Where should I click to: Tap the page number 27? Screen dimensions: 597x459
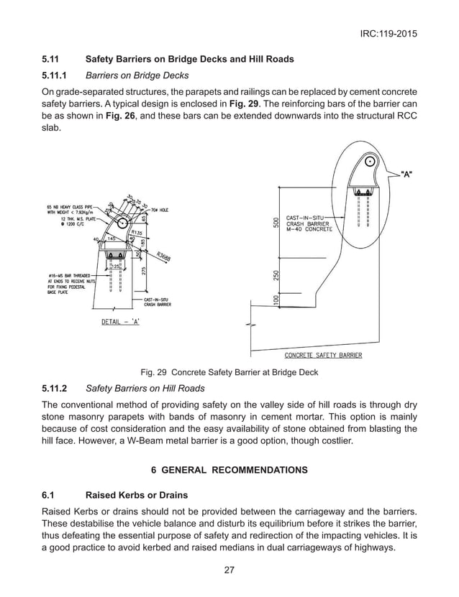pos(229,570)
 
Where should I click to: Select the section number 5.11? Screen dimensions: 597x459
pos(53,59)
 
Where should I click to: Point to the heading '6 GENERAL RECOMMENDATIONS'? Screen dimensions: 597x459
pos(229,470)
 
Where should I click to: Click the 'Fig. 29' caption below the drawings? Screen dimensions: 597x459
pos(229,372)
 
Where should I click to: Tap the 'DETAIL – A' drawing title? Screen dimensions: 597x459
pos(120,321)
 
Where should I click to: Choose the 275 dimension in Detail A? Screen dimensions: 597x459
pos(145,270)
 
